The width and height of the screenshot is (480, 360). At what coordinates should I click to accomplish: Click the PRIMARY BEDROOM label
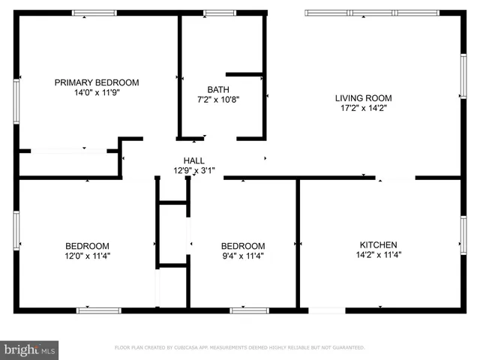click(x=97, y=82)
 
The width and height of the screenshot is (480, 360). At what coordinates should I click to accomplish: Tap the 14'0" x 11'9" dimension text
click(x=97, y=93)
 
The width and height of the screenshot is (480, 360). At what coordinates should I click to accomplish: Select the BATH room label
click(x=218, y=89)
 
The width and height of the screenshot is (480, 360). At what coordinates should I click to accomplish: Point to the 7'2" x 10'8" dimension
click(x=218, y=99)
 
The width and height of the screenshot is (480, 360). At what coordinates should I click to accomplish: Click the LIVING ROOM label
click(x=363, y=97)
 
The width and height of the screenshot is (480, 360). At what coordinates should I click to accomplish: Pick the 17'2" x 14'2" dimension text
click(x=363, y=108)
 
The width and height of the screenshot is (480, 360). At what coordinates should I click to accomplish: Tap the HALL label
click(x=194, y=160)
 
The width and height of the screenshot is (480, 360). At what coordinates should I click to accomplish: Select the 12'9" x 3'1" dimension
click(x=194, y=170)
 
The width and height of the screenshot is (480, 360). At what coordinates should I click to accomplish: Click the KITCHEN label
click(x=378, y=245)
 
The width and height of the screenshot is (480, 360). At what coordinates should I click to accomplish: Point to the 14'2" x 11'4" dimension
click(x=378, y=255)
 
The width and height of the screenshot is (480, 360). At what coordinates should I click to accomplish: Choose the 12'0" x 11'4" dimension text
click(x=87, y=256)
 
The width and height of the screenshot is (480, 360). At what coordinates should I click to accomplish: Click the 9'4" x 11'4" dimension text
click(x=242, y=256)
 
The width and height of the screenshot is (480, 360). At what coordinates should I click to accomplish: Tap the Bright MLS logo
click(x=29, y=349)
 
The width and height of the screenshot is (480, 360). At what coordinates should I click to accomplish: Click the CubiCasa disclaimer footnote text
click(x=239, y=348)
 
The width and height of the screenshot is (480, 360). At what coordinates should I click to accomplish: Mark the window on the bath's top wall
click(x=219, y=13)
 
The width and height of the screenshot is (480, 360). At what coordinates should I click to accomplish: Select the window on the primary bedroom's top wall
click(x=94, y=13)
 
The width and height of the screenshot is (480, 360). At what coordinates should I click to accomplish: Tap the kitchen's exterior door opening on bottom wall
click(x=328, y=310)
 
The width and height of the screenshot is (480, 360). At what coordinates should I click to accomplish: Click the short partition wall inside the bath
click(x=244, y=74)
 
